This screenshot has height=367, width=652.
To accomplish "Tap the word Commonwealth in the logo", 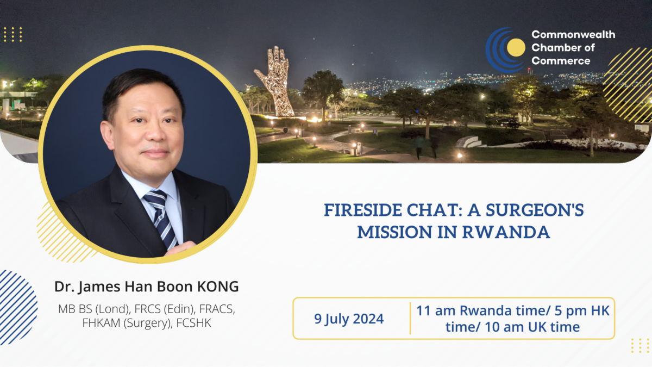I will point(573,34).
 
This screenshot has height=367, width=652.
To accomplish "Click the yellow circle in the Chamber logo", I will point(516,47).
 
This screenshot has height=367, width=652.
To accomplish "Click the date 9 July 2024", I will point(349,319).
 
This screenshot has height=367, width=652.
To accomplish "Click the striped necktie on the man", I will point(160,217).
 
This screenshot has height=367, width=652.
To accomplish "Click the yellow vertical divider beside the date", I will point(410,318).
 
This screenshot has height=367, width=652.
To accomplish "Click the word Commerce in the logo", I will point(561,60).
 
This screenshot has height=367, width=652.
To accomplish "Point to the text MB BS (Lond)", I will point(90,309).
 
